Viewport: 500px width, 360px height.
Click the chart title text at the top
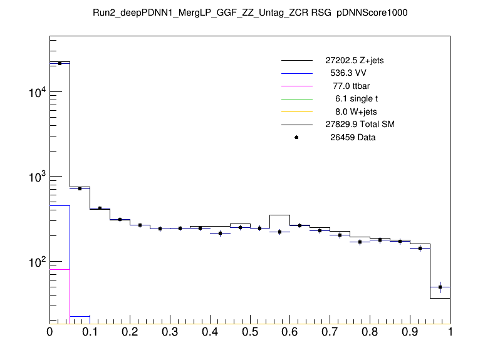[249, 13]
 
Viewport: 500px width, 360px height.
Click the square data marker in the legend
[296, 137]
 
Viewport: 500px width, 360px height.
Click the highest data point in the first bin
[60, 63]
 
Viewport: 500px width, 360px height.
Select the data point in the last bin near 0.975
[440, 287]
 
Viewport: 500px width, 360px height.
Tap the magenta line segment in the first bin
[60, 269]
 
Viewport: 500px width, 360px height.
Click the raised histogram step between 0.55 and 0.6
[280, 215]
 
